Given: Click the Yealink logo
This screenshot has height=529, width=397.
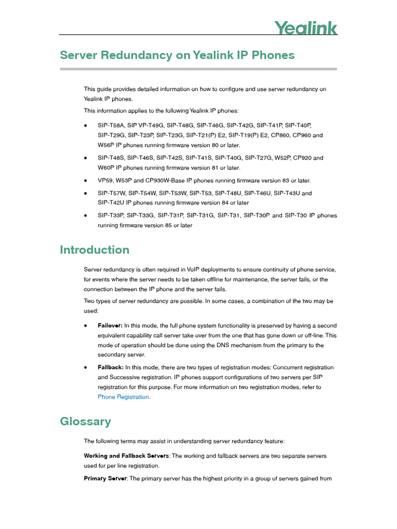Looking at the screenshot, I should point(306,28).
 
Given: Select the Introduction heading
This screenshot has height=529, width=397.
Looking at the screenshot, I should point(95,250).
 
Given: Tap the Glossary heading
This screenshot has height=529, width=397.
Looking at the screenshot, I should point(85,422).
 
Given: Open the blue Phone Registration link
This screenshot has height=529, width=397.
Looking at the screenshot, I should point(124,397).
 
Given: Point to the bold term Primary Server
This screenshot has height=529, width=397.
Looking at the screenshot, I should point(105,479).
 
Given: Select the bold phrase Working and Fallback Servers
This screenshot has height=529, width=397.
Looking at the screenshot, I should point(126,456).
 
